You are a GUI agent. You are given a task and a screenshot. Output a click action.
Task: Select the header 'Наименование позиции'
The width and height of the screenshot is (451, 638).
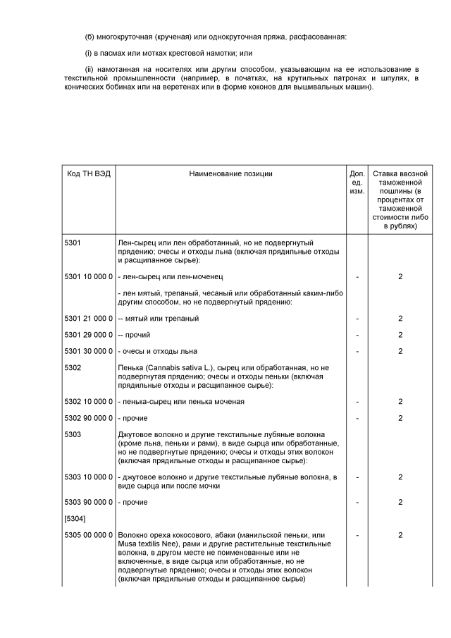pyautogui.click(x=230, y=173)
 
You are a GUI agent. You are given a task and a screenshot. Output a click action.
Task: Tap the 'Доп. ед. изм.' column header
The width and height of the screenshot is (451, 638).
pyautogui.click(x=357, y=182)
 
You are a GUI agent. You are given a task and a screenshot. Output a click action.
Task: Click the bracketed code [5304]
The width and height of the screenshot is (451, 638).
pyautogui.click(x=75, y=519)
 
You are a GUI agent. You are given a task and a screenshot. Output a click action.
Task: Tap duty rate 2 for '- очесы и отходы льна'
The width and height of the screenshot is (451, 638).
pyautogui.click(x=400, y=351)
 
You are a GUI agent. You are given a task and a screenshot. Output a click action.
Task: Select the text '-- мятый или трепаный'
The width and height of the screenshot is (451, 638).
pyautogui.click(x=159, y=319)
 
